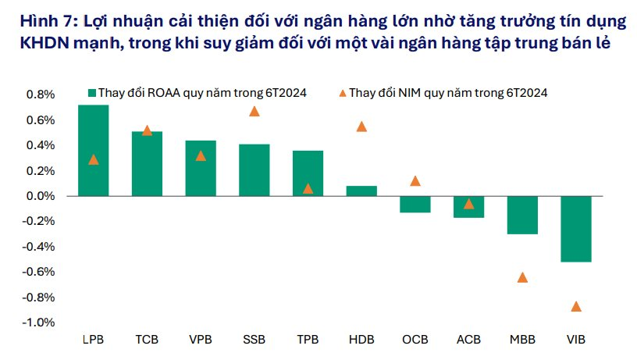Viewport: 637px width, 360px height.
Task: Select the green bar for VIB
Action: coord(575,229)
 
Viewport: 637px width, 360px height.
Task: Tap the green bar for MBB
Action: coord(522,215)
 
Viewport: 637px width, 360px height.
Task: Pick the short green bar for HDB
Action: coord(361,191)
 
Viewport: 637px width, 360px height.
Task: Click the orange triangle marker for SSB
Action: coord(254,111)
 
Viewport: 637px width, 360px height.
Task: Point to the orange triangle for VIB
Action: coord(576,306)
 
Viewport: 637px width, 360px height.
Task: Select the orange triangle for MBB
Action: coord(522,277)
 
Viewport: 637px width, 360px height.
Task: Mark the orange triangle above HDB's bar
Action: coord(361,127)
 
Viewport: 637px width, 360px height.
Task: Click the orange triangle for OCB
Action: coord(415,181)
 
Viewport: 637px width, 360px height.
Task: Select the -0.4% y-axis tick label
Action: coord(41,247)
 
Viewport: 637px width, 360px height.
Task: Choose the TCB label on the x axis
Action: coord(147,340)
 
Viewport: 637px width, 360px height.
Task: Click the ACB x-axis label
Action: coord(468,340)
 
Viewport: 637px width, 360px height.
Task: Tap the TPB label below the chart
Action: coord(308,340)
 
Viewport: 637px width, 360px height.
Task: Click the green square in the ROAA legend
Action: coord(91,92)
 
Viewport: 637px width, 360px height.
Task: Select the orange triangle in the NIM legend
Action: coord(342,92)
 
